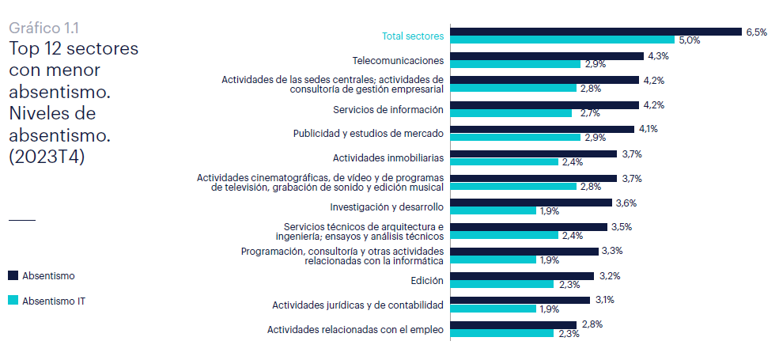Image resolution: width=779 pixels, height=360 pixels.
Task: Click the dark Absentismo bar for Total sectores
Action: (595, 32)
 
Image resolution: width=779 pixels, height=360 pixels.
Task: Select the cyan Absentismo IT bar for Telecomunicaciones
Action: (515, 64)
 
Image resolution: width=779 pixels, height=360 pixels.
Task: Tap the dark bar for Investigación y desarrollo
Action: (531, 203)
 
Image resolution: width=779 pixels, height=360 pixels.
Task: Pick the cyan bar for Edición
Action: (501, 284)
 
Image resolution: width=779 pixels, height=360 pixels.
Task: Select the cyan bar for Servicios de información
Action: (510, 113)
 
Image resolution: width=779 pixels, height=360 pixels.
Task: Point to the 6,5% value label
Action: (755, 32)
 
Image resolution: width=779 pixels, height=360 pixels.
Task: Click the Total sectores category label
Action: (413, 36)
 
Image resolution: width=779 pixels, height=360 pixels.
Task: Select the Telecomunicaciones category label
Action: (398, 60)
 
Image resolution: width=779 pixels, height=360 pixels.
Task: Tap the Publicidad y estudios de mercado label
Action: (368, 133)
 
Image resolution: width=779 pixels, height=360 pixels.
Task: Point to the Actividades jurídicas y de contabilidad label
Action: (357, 305)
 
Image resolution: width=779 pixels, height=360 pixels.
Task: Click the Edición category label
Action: (427, 280)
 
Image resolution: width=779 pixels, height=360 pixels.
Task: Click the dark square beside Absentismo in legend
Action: (13, 275)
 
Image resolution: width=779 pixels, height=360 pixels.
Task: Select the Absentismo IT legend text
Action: (59, 301)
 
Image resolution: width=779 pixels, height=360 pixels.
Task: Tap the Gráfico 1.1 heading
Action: (43, 28)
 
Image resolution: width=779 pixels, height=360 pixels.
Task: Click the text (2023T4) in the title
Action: (47, 156)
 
